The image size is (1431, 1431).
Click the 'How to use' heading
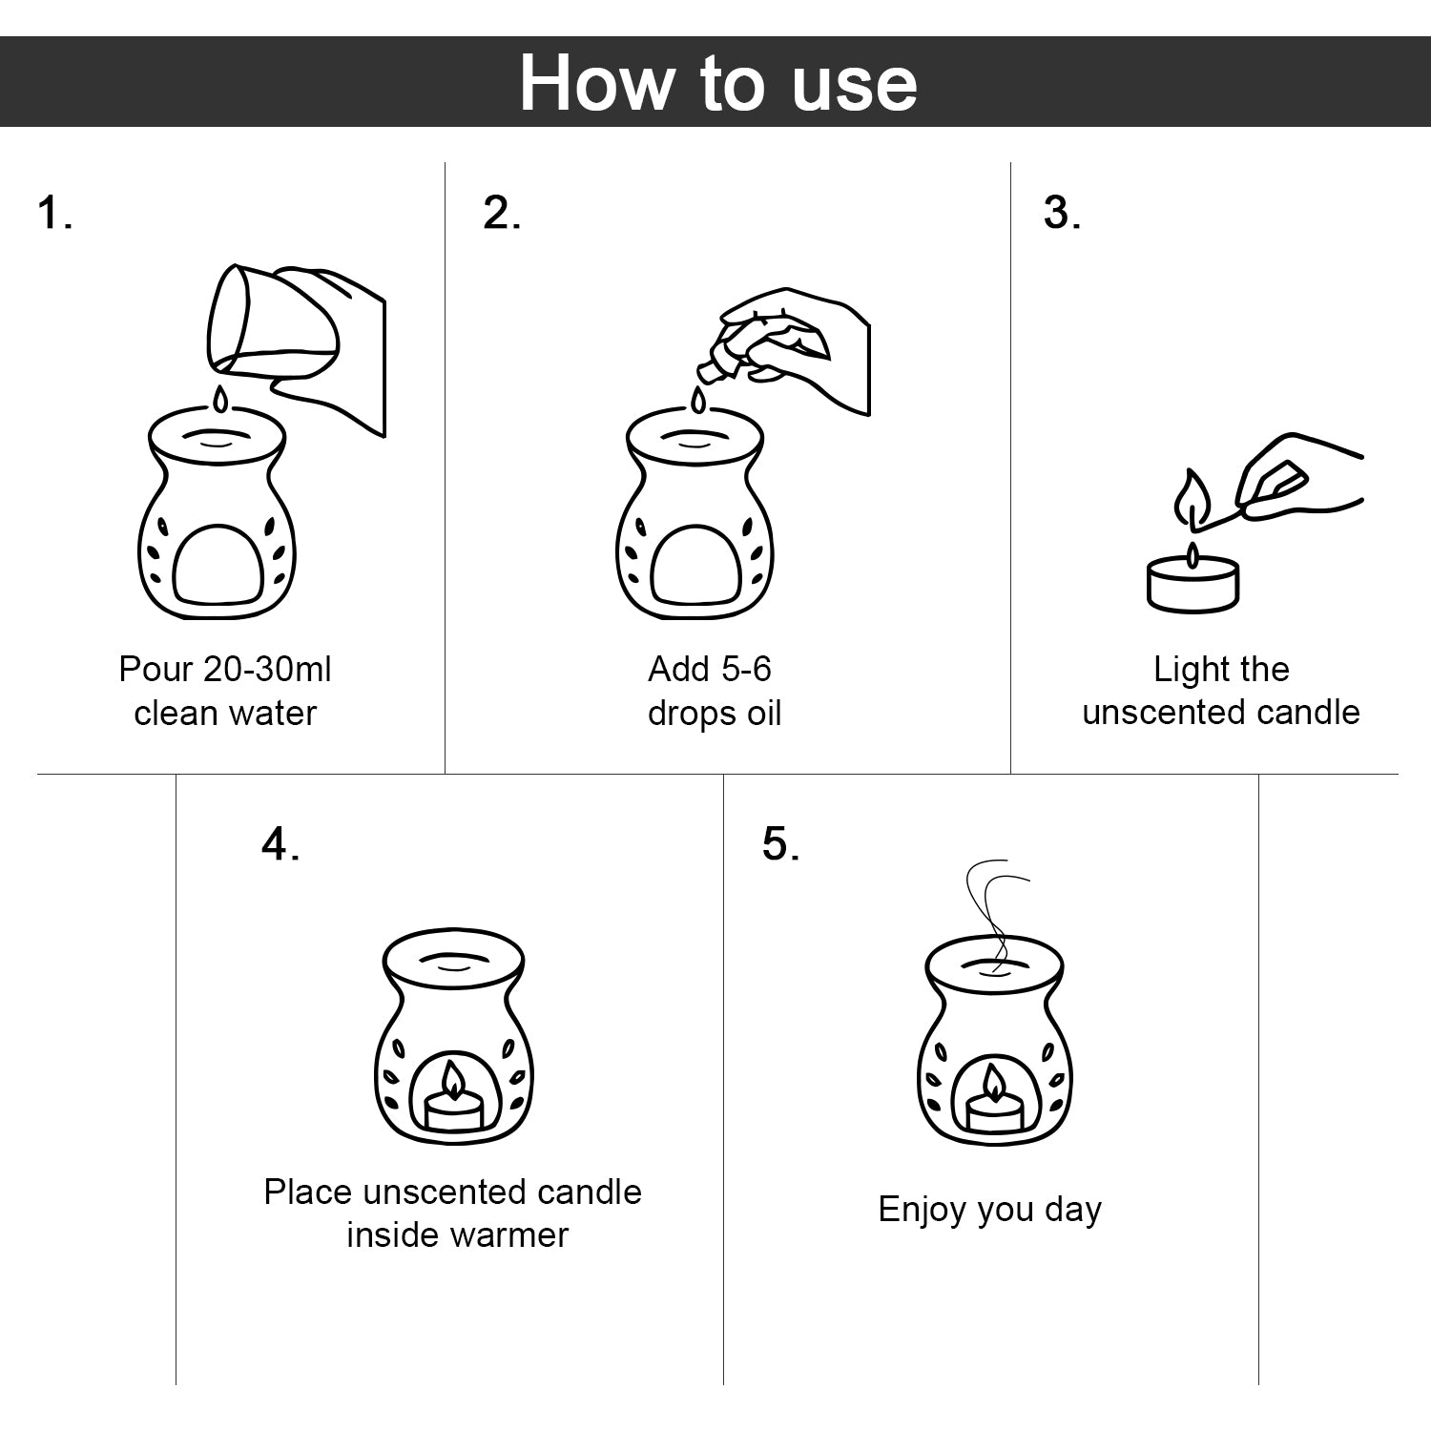[717, 83]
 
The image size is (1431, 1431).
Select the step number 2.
[502, 212]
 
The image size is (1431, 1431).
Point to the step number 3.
[1062, 212]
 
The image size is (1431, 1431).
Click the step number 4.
[280, 844]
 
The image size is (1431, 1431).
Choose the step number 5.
[780, 844]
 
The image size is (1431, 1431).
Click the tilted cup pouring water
[272, 320]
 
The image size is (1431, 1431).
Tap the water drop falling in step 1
[221, 399]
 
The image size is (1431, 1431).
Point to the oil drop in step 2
[699, 400]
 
